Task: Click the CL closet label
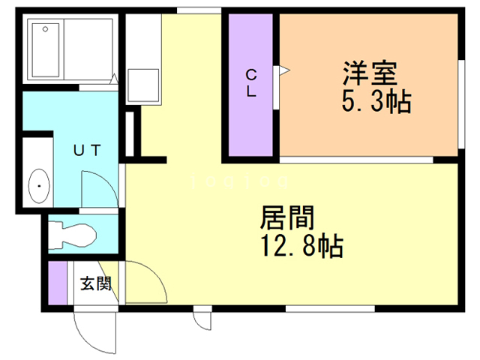click(x=252, y=83)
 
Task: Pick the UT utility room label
click(x=86, y=148)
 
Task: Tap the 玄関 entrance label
click(x=96, y=284)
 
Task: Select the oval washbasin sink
click(x=37, y=182)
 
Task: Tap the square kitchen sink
click(x=142, y=84)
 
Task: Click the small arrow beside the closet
click(x=284, y=72)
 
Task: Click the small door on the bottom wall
click(x=202, y=318)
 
